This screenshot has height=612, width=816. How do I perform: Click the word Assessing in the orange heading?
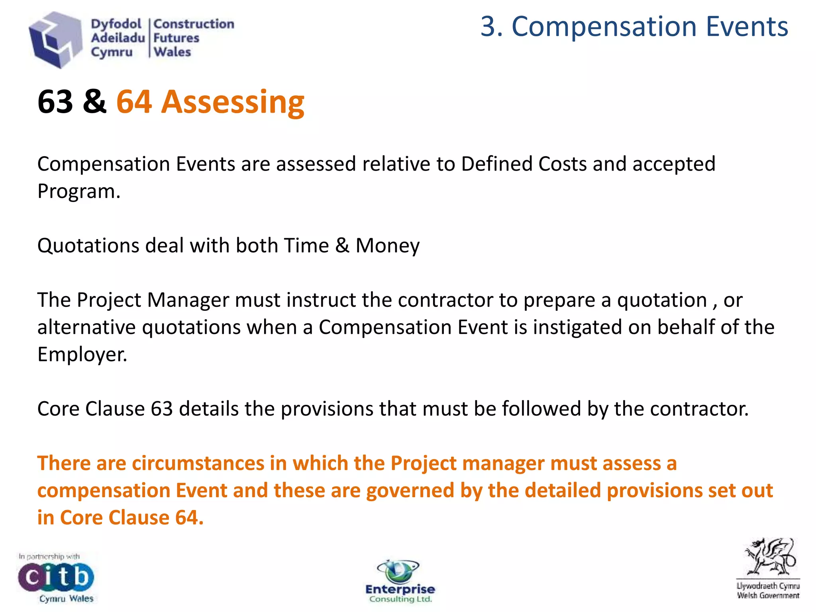coord(233,102)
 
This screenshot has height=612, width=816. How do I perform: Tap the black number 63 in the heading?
coord(55,102)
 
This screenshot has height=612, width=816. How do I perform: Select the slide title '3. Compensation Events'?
coord(634,27)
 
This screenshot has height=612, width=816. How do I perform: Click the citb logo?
coord(56,577)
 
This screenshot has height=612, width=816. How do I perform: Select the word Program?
coord(78,191)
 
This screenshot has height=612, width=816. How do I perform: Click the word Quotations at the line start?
coord(88,245)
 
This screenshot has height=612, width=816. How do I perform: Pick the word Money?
coord(387,245)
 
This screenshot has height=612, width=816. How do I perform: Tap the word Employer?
coord(82,354)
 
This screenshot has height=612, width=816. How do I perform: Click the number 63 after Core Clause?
coord(162,409)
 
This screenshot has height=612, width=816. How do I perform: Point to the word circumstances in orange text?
coord(198,463)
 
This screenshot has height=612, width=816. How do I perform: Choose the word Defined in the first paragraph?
coord(496,164)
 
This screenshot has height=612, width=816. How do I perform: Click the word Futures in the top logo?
coord(176,38)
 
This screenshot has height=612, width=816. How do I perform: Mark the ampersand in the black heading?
coord(94,102)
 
